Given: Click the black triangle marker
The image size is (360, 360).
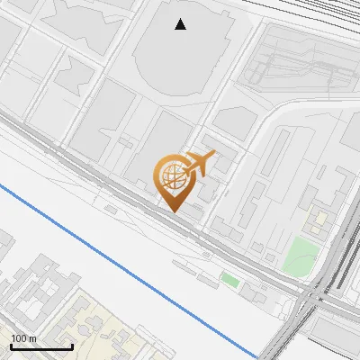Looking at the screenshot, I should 181,24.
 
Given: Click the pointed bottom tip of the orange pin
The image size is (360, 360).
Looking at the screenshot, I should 173,211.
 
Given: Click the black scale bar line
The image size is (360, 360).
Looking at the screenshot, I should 41,346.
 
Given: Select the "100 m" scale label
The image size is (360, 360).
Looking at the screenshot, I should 24,338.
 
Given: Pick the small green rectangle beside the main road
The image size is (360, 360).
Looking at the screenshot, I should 230,281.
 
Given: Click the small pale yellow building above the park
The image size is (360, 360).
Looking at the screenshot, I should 319,220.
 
